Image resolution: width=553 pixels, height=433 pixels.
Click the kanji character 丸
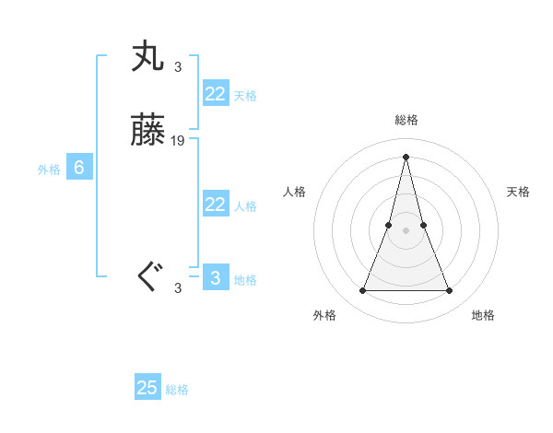tap(149, 56)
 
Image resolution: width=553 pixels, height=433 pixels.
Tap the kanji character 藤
tap(149, 132)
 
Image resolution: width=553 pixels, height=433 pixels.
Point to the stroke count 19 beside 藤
tap(178, 141)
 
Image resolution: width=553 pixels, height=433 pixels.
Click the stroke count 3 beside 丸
tap(178, 66)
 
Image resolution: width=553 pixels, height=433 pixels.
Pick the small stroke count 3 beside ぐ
tap(178, 287)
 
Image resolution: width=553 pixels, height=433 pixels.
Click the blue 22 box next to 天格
tap(215, 94)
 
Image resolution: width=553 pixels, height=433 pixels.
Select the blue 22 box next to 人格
tap(215, 205)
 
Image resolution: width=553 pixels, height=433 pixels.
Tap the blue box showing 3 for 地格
tap(215, 277)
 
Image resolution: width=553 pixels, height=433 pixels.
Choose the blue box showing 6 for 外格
tap(79, 168)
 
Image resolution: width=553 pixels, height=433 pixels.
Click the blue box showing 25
tap(147, 388)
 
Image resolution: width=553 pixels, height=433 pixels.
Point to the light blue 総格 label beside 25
tap(177, 390)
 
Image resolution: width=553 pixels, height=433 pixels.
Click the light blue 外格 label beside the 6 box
tap(49, 170)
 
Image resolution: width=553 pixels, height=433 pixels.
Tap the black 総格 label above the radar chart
tap(406, 120)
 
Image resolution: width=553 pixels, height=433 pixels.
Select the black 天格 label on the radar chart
tap(518, 192)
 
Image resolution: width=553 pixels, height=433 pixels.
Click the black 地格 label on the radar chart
tap(483, 315)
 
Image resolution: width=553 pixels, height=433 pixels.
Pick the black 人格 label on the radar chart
tap(295, 192)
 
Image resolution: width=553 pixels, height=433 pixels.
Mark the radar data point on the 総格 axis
tap(406, 156)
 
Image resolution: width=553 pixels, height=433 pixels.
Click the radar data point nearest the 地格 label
tap(450, 291)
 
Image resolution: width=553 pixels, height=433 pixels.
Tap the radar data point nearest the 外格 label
tap(362, 291)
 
